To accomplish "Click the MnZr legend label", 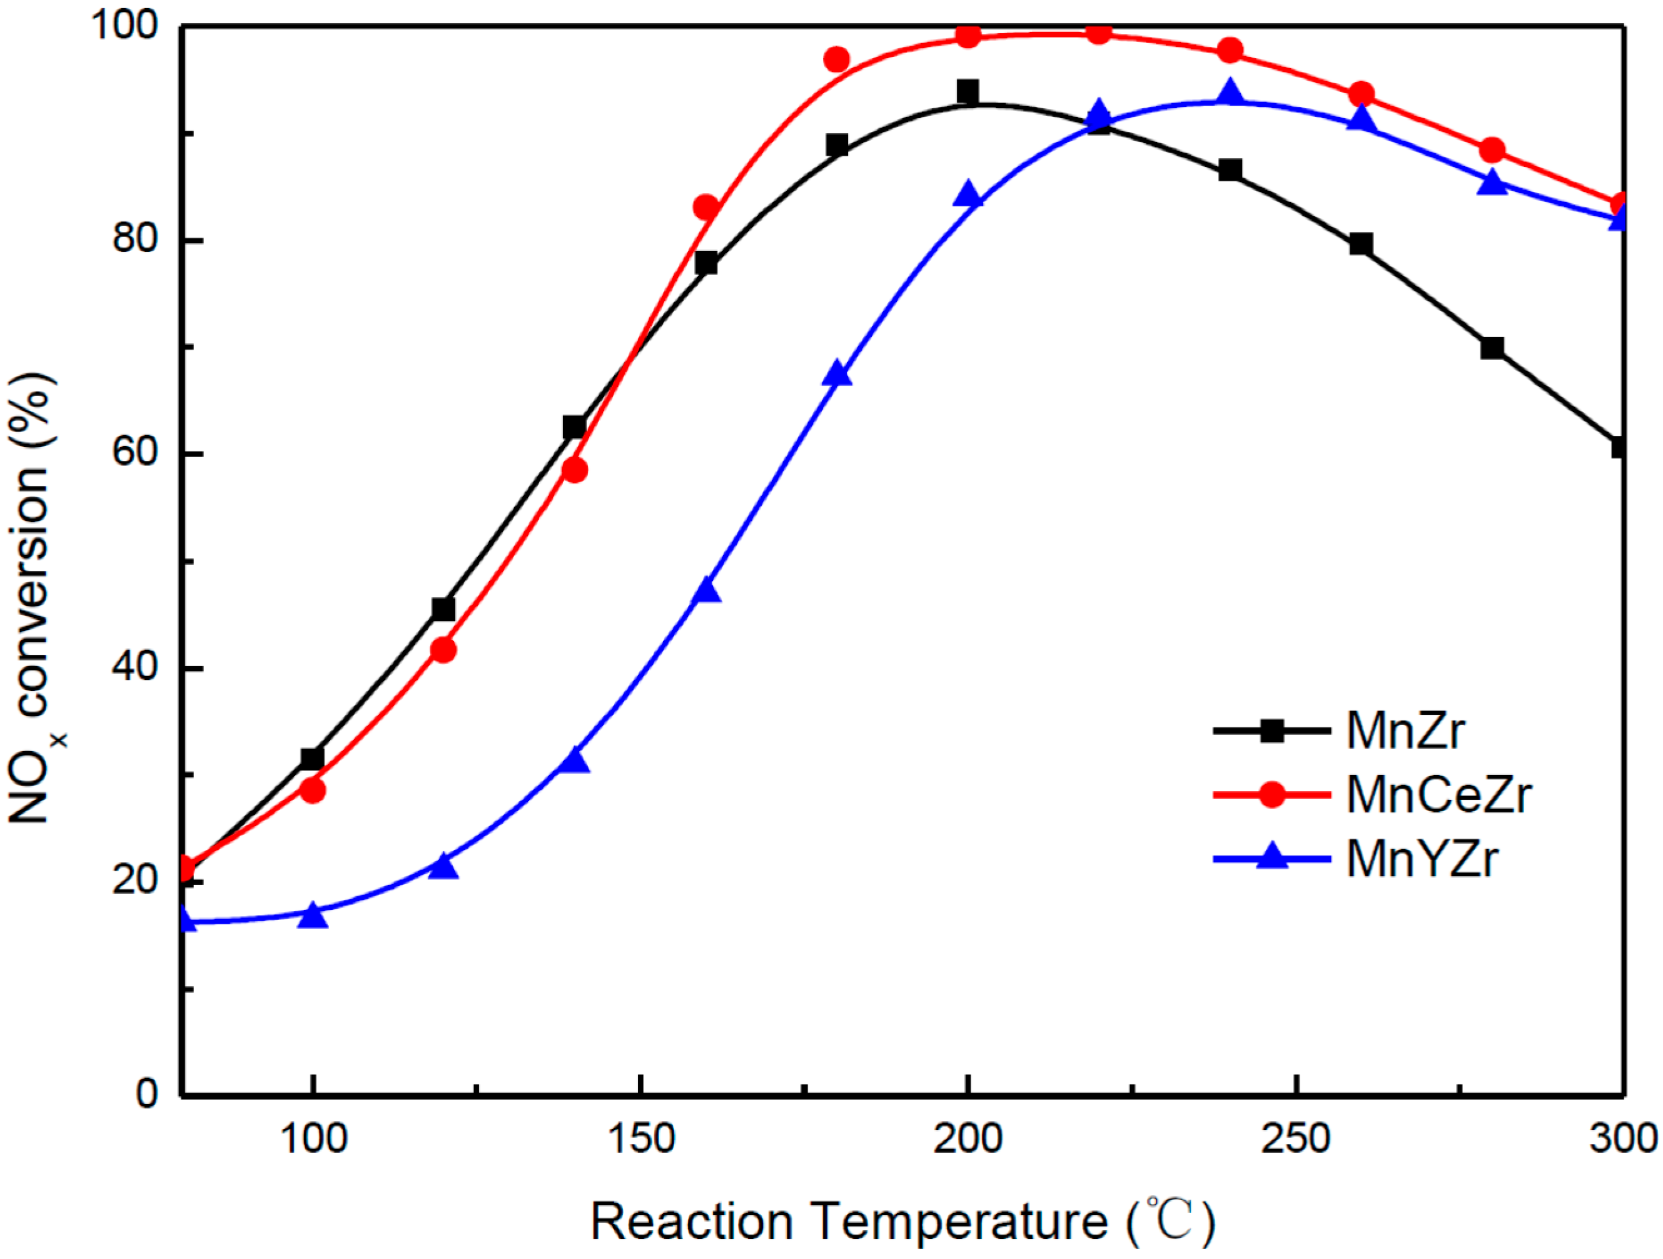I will pyautogui.click(x=1405, y=730).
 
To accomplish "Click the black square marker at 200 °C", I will pyautogui.click(x=968, y=93).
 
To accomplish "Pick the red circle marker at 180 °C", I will pyautogui.click(x=837, y=59).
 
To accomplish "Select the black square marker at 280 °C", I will pyautogui.click(x=1492, y=348).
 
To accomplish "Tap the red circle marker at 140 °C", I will pyautogui.click(x=574, y=470).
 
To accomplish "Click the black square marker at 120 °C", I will pyautogui.click(x=443, y=609).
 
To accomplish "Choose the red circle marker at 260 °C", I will pyautogui.click(x=1361, y=94).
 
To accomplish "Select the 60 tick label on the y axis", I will pyautogui.click(x=135, y=454).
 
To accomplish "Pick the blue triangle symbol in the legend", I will pyautogui.click(x=1272, y=856).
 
